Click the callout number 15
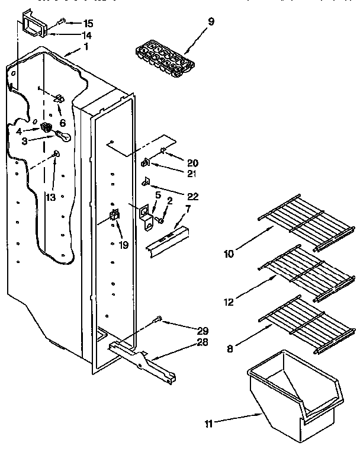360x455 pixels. (88, 24)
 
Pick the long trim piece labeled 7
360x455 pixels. (168, 238)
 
